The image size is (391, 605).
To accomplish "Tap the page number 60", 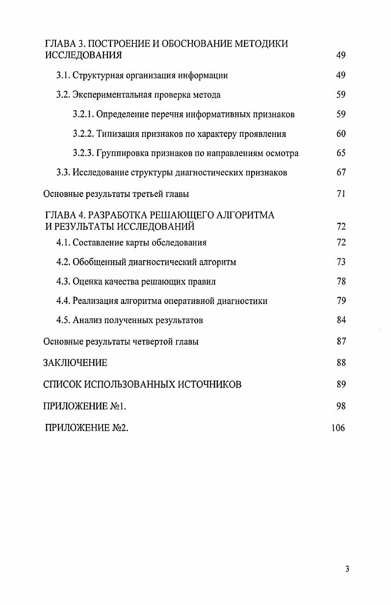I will click(341, 134).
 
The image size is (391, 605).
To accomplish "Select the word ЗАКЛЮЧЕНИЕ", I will click(75, 363).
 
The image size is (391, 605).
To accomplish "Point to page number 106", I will click(339, 428).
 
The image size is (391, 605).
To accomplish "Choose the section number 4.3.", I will click(63, 281).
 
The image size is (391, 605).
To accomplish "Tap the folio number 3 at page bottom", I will click(347, 569).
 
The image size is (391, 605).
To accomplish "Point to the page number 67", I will click(341, 172).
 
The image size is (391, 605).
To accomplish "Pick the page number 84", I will click(341, 320).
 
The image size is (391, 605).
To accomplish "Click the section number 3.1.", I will click(63, 76).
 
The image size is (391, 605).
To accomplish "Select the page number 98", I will click(341, 406).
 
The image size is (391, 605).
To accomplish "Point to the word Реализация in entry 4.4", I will click(96, 301).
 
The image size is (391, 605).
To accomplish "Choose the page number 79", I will click(341, 301).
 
